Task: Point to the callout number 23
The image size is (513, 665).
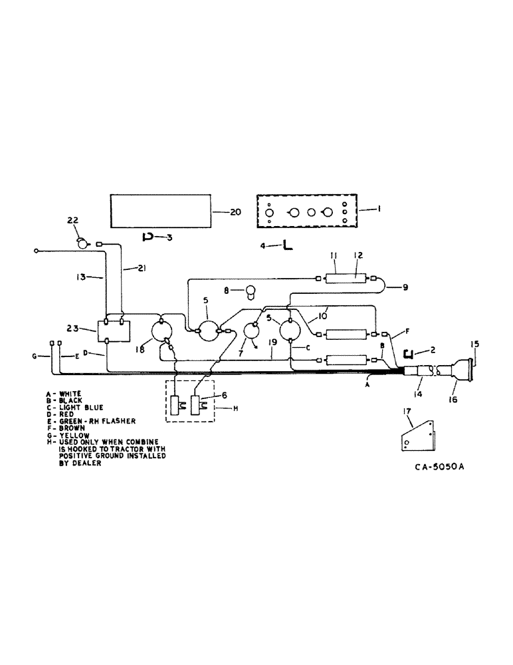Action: (74, 327)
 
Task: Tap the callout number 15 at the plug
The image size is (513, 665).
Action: (474, 344)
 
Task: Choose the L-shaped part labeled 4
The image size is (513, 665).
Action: (288, 246)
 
